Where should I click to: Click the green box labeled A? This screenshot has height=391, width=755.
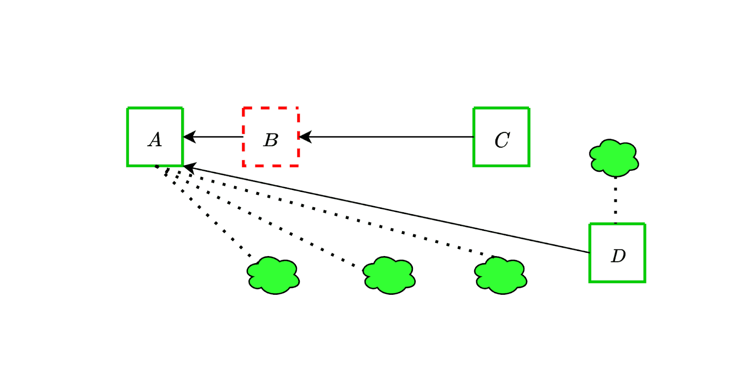point(155,137)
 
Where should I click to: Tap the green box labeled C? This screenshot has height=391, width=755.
point(501,137)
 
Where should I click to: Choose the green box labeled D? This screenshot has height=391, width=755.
point(617,253)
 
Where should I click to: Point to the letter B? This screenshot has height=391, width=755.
point(271,140)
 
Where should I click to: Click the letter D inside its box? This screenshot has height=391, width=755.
point(618,256)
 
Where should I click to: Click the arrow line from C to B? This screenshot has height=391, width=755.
point(387,137)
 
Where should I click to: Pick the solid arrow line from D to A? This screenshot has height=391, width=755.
point(387,209)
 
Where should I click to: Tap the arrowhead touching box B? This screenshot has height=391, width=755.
point(304,137)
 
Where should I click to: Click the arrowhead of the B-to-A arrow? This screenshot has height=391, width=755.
point(189,137)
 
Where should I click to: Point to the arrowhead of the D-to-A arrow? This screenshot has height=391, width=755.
point(189,167)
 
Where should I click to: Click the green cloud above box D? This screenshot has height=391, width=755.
point(613,158)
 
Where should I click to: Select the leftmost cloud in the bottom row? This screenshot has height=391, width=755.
point(273,275)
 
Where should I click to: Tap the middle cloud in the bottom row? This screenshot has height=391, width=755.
point(389,275)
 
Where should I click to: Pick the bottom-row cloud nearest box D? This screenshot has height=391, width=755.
point(501,275)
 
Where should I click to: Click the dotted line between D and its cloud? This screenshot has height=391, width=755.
point(615,200)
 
